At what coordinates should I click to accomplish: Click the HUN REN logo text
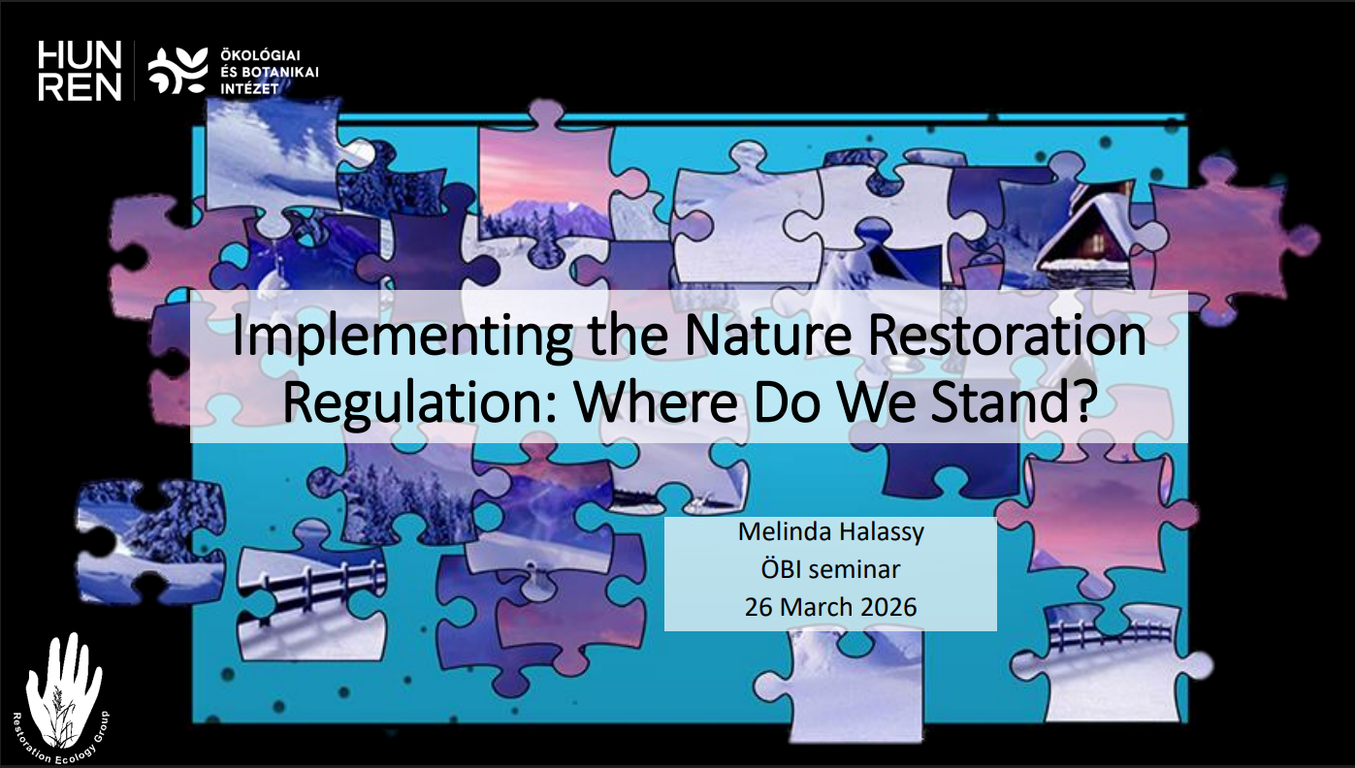pos(80,71)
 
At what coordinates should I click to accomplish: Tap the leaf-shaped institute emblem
pos(178,71)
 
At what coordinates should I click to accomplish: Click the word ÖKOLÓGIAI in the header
pos(260,55)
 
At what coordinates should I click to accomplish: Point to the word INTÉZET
pos(249,89)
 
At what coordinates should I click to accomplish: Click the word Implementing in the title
pos(403,337)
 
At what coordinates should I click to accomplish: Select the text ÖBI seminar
pos(830,569)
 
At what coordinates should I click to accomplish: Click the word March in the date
pos(816,607)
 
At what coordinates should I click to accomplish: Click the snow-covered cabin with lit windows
pos(1085,241)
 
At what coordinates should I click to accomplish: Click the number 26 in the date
pos(758,607)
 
